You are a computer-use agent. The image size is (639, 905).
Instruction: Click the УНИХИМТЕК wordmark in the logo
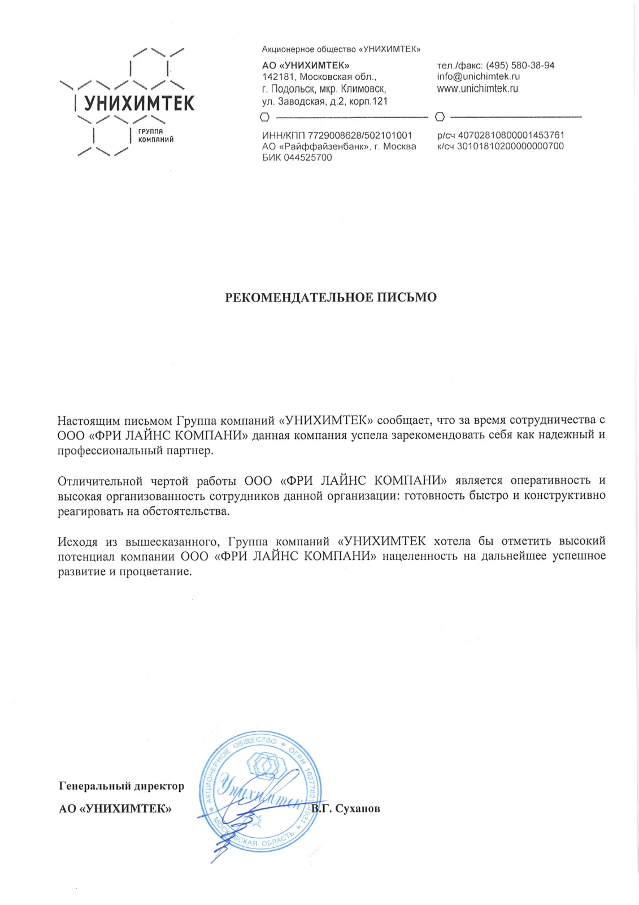[139, 104]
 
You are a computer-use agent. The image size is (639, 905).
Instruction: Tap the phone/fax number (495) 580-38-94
[520, 66]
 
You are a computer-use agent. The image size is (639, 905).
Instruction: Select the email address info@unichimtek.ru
[478, 77]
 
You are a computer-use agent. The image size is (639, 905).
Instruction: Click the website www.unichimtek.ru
[477, 89]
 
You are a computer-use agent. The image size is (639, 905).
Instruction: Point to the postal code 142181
[279, 77]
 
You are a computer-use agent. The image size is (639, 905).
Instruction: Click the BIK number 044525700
[308, 158]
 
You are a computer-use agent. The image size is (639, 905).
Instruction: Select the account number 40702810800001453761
[511, 135]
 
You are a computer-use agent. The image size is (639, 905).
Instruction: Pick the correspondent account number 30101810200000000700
[510, 146]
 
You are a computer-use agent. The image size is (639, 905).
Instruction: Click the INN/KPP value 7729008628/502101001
[360, 136]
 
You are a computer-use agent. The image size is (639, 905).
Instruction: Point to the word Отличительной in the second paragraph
[100, 481]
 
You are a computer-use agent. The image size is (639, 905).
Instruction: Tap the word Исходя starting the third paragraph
[77, 542]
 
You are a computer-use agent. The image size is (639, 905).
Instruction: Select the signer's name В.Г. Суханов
[346, 809]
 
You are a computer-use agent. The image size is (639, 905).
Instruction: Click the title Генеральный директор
[121, 786]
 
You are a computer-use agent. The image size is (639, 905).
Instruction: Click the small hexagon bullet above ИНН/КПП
[264, 118]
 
